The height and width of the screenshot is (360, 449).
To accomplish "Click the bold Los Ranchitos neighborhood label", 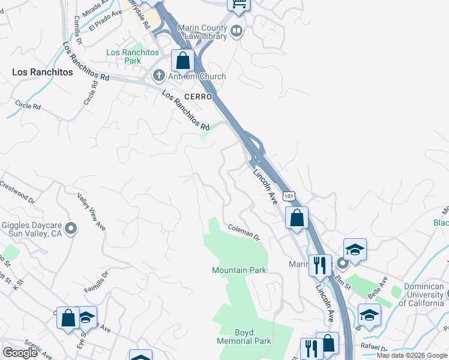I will click(x=42, y=72).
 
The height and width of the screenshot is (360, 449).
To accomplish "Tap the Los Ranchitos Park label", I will click(x=131, y=56).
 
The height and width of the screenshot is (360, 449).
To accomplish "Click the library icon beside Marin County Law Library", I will click(x=237, y=31).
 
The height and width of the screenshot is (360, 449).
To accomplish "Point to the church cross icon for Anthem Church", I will click(x=159, y=76).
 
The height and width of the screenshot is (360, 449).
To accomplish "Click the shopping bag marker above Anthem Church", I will click(x=182, y=61).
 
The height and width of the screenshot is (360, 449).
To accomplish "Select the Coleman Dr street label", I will click(x=244, y=232).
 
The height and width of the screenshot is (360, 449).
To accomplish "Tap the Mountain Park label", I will click(x=239, y=270).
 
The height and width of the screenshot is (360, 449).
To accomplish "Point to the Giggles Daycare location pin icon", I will click(x=71, y=228).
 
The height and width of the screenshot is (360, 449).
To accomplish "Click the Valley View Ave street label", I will click(x=91, y=211).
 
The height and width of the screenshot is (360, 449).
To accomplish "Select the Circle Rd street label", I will click(x=28, y=106).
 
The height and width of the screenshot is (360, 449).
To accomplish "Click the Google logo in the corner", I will click(x=20, y=353).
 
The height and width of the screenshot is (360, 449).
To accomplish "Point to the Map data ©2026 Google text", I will click(x=412, y=355).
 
